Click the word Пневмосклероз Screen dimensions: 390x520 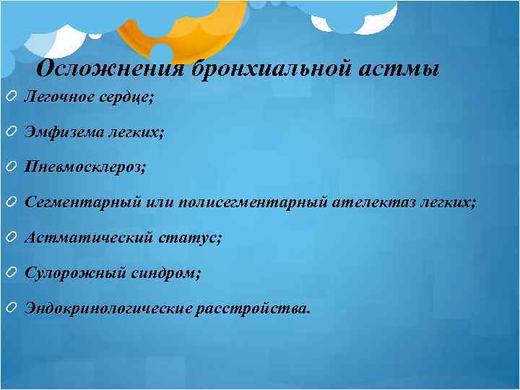(x=84, y=168)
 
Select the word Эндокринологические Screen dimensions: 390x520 (x=108, y=308)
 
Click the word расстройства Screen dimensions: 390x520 (x=253, y=308)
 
